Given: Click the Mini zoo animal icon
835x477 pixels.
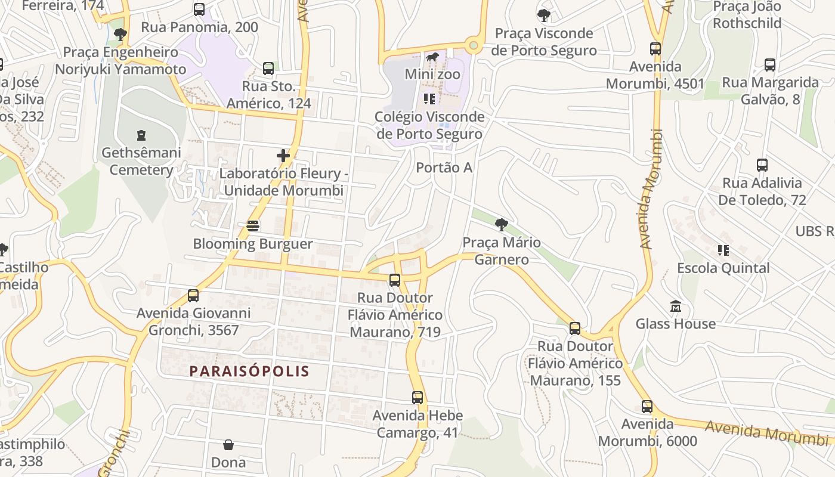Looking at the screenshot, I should point(432,57).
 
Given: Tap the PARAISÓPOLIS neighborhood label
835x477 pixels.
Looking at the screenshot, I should point(249,371).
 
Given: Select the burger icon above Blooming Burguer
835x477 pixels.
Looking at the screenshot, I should point(253,226).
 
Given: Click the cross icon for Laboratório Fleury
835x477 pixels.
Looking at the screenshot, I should point(283,156).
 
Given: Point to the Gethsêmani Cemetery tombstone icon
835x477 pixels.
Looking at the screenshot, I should point(141,135).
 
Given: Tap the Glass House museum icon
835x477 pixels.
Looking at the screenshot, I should point(675,306).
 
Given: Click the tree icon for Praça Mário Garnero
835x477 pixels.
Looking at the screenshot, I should point(502,225).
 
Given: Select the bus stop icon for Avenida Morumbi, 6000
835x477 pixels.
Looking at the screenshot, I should point(647,407).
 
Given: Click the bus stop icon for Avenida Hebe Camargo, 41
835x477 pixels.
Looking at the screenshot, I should point(417,398).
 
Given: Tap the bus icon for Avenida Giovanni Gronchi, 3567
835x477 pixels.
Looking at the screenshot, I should point(193,296).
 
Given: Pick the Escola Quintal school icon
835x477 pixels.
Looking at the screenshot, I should point(723,250).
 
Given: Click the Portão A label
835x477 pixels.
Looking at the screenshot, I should point(444,168).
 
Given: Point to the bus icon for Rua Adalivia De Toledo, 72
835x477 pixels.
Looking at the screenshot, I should point(762,165).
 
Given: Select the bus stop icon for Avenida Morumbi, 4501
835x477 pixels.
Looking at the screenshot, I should point(655,49).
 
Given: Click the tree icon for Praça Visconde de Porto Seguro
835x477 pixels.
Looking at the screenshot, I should point(543,16).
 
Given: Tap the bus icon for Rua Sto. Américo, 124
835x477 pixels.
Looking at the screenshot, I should point(268,69).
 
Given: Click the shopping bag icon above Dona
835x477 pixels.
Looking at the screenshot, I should point(228,445).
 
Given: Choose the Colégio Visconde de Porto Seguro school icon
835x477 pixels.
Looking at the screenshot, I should point(429,99).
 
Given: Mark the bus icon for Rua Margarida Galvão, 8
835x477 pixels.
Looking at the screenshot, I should point(770,65).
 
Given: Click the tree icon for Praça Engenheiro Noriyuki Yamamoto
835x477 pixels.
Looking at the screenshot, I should point(120,35).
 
